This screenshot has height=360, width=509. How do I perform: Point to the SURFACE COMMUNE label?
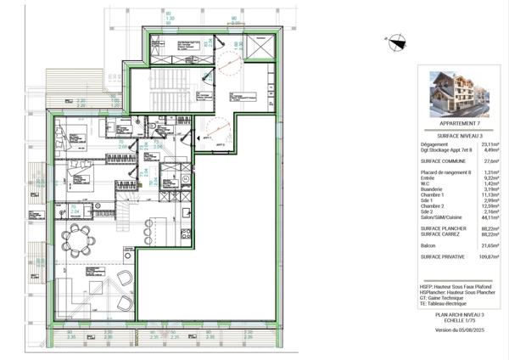tap(439, 160)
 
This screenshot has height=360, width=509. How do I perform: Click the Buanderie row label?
tap(432, 188)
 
